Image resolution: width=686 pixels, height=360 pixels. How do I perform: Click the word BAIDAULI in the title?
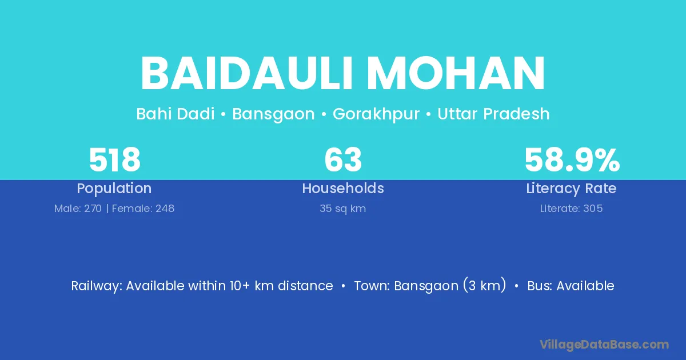click(246, 74)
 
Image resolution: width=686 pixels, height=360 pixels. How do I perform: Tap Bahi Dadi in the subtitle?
click(175, 114)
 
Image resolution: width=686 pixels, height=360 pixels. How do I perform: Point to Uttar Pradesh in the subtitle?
click(493, 114)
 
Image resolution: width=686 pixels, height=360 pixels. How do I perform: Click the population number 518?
click(114, 160)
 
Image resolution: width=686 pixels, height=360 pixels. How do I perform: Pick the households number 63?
click(343, 160)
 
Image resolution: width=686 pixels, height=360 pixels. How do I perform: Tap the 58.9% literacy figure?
click(572, 160)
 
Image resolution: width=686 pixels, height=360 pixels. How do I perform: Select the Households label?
click(343, 188)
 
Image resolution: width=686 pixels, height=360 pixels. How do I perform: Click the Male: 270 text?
click(78, 209)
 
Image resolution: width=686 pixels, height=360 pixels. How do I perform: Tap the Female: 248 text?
click(143, 209)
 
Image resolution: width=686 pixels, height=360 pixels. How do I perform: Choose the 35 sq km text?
click(342, 209)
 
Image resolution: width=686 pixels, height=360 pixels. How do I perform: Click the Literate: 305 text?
click(571, 209)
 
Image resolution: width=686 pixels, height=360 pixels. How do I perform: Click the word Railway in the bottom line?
click(97, 286)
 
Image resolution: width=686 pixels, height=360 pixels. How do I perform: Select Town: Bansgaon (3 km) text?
click(430, 286)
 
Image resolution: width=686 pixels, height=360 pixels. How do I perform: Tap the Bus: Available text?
click(571, 286)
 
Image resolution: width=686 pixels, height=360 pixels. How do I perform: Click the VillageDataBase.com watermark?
click(604, 345)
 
